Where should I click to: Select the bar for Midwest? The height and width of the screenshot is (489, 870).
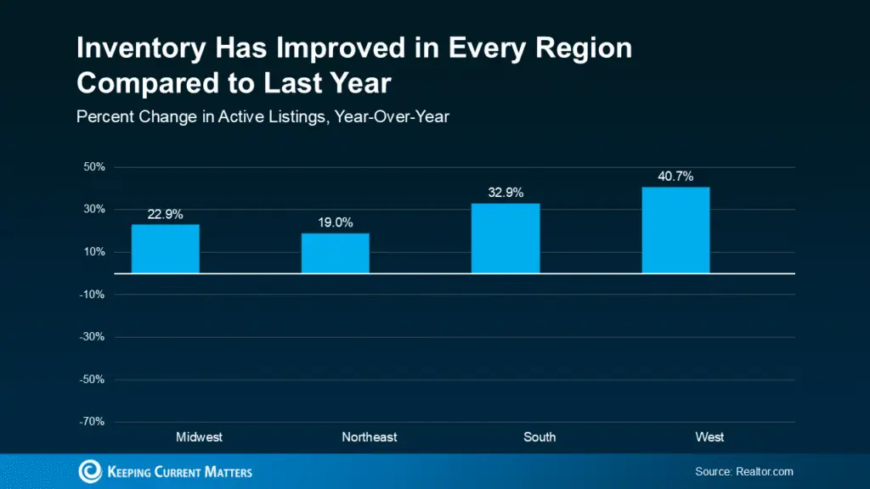(165, 249)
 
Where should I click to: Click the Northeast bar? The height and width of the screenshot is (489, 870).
(335, 253)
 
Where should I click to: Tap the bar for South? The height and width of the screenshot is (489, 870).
(506, 239)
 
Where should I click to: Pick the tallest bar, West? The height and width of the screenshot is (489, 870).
(675, 230)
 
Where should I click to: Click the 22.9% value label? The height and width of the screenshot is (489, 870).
(165, 215)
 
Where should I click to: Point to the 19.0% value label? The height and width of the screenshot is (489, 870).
(335, 223)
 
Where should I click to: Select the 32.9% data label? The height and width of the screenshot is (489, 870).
(506, 193)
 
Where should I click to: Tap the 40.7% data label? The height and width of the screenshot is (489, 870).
(675, 177)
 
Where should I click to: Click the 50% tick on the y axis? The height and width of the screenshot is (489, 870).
(94, 167)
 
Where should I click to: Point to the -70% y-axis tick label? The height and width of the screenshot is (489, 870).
(93, 422)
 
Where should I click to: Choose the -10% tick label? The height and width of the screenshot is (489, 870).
(93, 295)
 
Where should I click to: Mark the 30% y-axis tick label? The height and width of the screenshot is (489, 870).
(94, 210)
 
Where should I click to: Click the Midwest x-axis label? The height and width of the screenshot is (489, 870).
(199, 437)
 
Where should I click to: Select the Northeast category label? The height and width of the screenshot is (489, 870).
(370, 437)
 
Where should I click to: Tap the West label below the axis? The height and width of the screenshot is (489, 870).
(709, 437)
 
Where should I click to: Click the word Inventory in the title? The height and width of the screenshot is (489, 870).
(138, 48)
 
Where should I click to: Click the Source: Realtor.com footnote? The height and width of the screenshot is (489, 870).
(743, 471)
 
